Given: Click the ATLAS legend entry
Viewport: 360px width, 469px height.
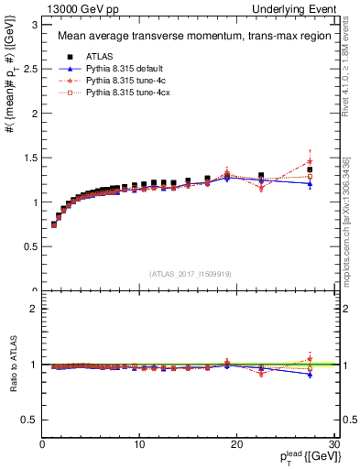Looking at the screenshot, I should pos(100,57).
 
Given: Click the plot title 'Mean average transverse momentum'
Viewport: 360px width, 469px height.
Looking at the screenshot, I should pos(174,38).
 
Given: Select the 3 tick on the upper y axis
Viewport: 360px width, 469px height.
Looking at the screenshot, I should pos(35,25).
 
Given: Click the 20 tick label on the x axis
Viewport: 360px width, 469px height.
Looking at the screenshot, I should pos(236,444).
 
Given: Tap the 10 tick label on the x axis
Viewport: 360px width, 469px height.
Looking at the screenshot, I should pos(139,444).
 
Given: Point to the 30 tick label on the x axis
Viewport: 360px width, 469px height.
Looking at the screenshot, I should pos(333,444).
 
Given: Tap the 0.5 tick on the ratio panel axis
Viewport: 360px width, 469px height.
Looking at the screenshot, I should pos(31,420).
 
